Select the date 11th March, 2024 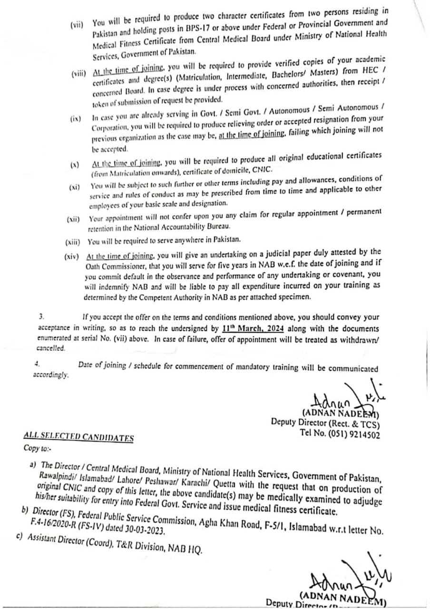(254, 329)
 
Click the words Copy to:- (36, 448)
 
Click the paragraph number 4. (37, 363)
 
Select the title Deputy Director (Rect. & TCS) (325, 422)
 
